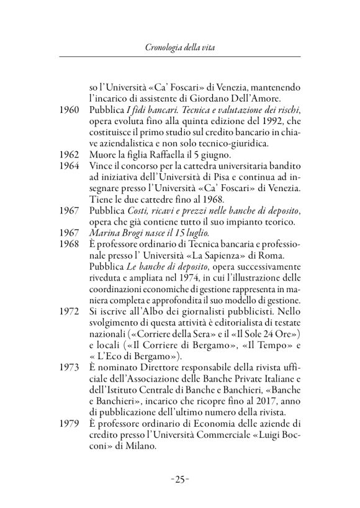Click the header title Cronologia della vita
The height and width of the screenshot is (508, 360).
[179, 47]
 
